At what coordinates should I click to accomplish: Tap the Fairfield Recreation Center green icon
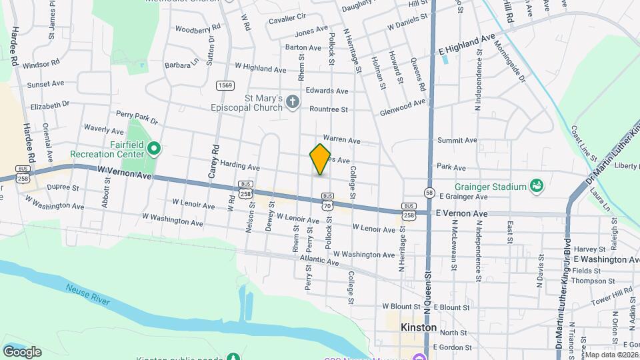click(154, 147)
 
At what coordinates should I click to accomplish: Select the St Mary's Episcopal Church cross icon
click(294, 102)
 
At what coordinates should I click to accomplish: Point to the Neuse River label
click(88, 294)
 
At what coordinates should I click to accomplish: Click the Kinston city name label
click(419, 327)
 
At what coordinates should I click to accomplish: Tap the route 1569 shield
click(225, 85)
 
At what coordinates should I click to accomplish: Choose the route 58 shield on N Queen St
click(429, 193)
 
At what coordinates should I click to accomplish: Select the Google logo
click(22, 351)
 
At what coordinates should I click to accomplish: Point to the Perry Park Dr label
click(137, 118)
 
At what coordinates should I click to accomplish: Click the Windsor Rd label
click(41, 65)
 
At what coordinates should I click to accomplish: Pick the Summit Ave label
click(457, 141)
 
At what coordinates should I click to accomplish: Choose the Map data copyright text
click(611, 355)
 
